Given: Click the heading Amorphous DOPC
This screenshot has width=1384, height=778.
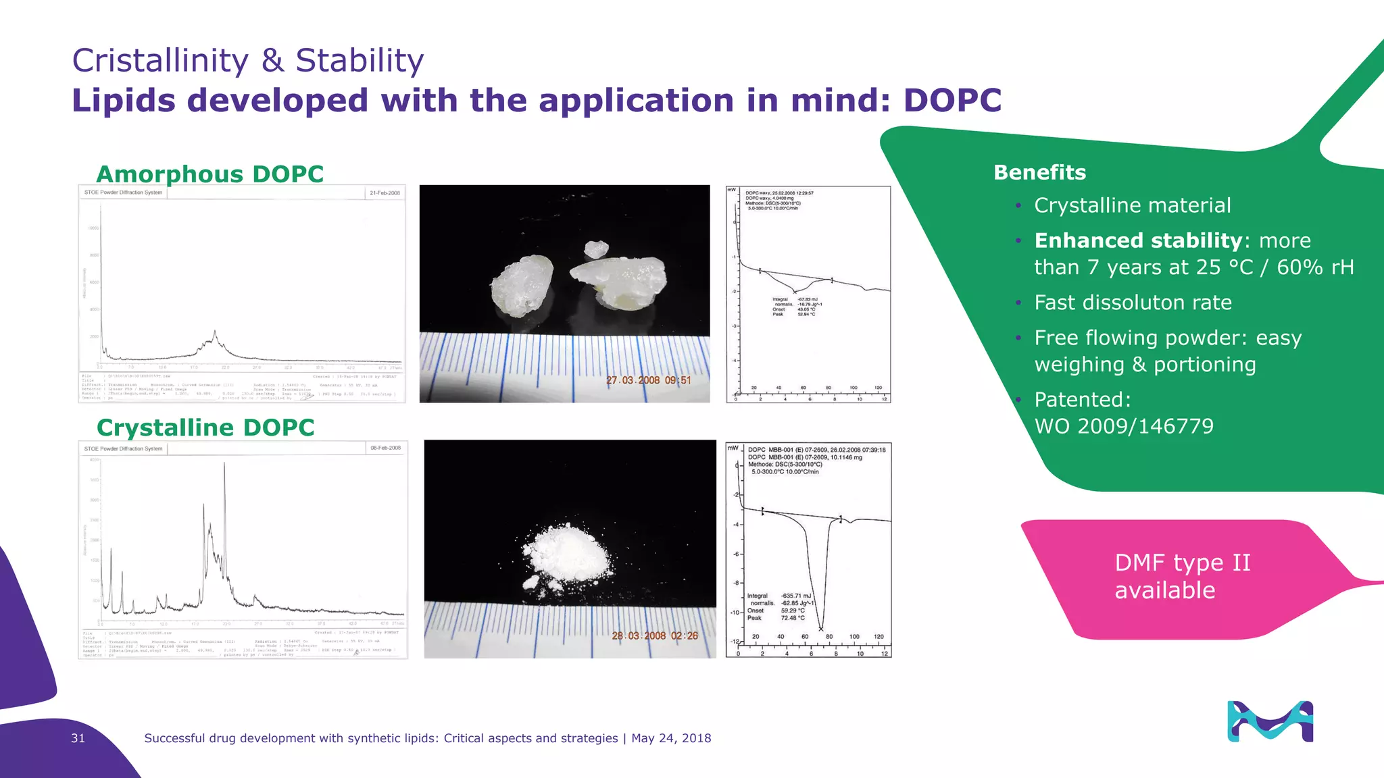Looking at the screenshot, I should [x=210, y=174].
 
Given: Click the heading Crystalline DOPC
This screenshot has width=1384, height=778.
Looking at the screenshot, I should [x=205, y=427].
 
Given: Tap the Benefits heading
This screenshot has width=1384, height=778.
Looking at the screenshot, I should [x=1039, y=172].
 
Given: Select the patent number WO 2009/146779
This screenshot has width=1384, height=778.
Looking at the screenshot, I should [x=1123, y=426].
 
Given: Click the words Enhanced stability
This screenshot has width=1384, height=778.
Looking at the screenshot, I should [x=1138, y=240].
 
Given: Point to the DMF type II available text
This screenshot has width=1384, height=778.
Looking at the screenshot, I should [x=1182, y=576].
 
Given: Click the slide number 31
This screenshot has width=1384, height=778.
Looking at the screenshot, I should [x=78, y=738].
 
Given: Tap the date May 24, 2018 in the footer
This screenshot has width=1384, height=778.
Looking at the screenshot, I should [x=671, y=738].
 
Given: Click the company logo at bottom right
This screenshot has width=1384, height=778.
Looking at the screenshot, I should [x=1270, y=721].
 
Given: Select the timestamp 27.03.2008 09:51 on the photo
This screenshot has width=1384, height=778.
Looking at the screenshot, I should [x=648, y=380].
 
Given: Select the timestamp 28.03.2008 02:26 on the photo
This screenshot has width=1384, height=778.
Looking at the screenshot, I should [x=654, y=636].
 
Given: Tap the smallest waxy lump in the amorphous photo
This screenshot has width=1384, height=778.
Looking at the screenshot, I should [x=595, y=249].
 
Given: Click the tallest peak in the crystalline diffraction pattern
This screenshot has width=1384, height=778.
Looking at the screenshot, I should [x=224, y=466].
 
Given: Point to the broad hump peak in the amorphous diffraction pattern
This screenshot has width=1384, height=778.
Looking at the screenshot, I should [x=215, y=334].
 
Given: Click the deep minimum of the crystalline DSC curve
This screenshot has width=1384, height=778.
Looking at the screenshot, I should [x=820, y=627].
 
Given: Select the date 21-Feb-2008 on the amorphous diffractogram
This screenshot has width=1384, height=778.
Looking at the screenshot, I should [x=385, y=193].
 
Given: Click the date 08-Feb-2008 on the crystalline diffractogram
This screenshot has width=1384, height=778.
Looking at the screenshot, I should [x=385, y=448].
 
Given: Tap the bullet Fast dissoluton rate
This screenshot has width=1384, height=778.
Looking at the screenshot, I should [x=1133, y=303].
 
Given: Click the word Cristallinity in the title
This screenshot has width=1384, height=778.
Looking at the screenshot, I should [x=160, y=61].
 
